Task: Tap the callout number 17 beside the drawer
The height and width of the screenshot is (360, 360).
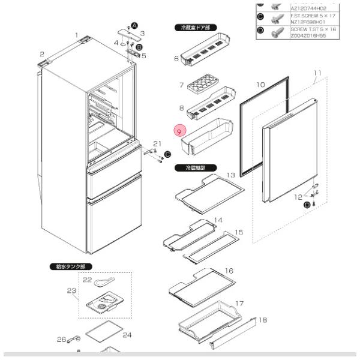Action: tap(239, 303)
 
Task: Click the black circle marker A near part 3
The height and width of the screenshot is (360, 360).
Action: tap(134, 25)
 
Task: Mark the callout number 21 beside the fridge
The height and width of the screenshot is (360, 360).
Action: tap(157, 143)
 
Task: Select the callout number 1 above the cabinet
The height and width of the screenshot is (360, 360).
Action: tap(77, 35)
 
